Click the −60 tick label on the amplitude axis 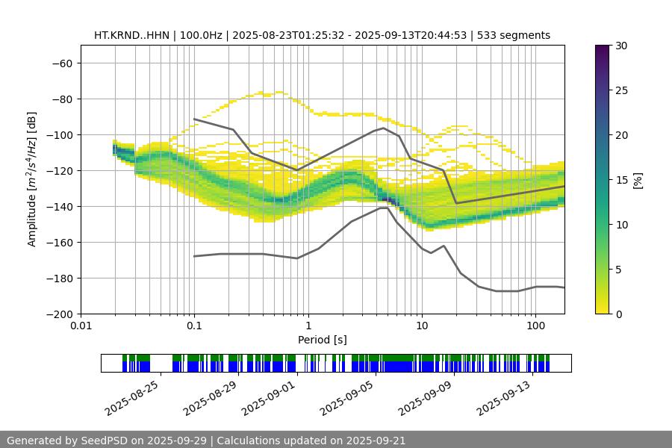coord(61,63)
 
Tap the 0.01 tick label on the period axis coord(81,326)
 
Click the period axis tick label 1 coord(308,326)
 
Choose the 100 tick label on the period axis coord(535,326)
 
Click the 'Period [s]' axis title coord(323,340)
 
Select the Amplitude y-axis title coord(32,179)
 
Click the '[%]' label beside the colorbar coord(638,179)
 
